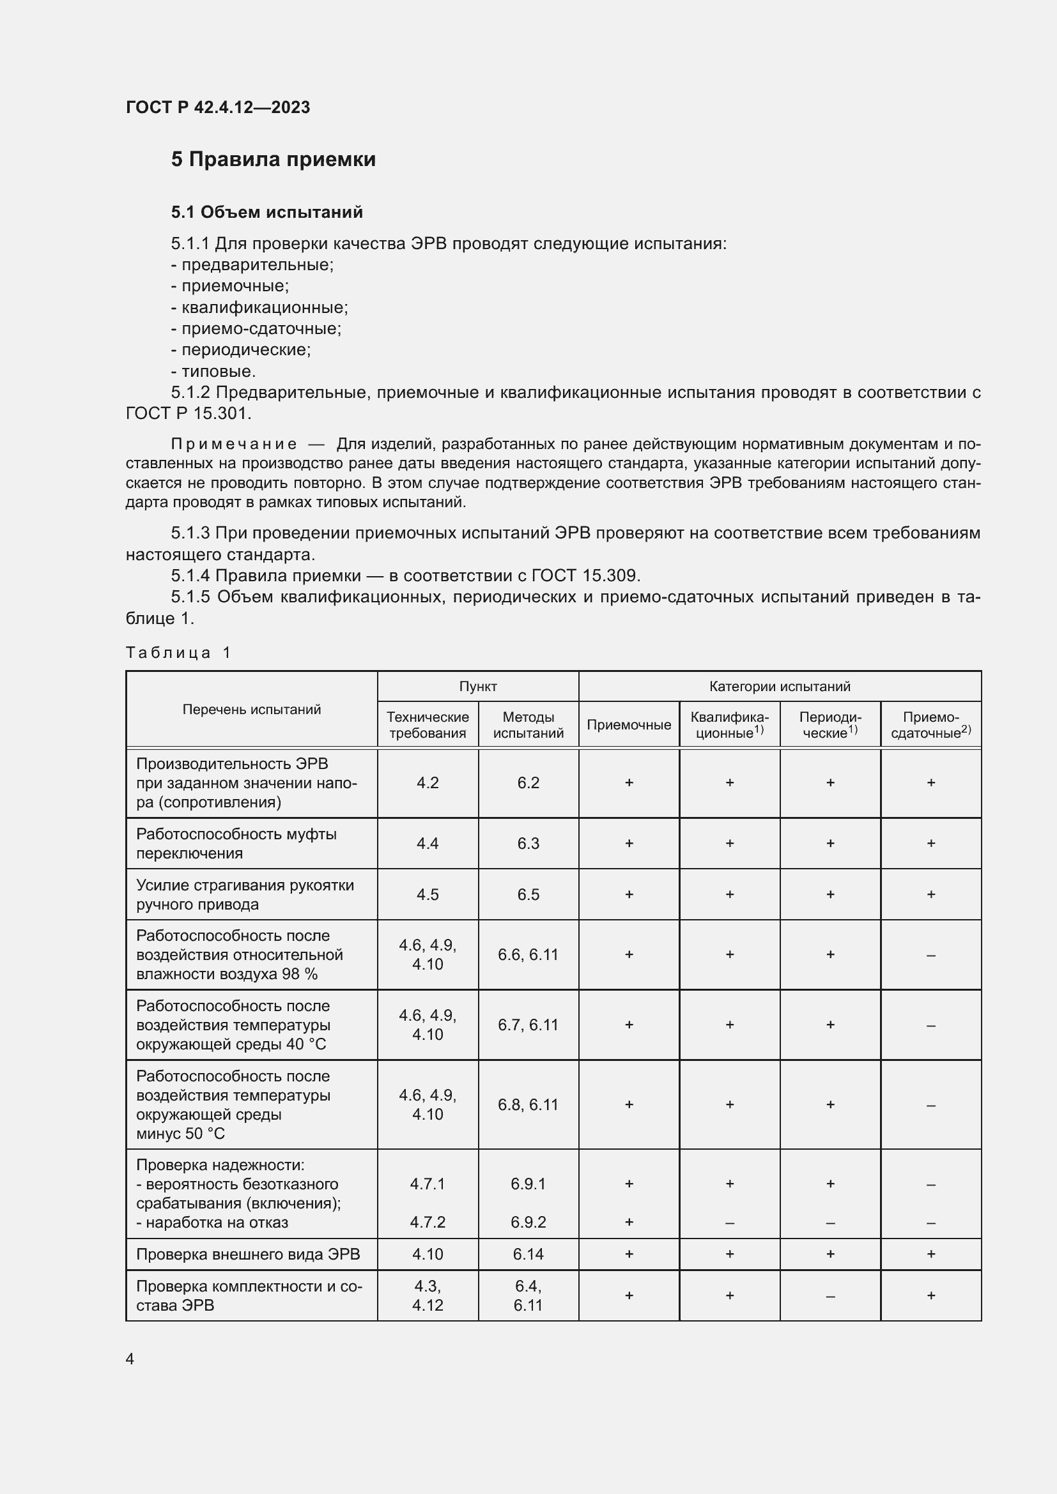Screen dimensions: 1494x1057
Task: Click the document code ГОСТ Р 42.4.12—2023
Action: coord(217,107)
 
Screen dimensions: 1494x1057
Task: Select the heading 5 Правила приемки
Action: coord(274,160)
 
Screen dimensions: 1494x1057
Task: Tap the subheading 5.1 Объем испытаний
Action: coord(267,212)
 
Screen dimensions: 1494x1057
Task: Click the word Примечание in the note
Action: coord(234,445)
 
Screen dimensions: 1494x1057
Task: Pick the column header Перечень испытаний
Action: coord(251,709)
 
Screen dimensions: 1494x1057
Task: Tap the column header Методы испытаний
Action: coord(528,725)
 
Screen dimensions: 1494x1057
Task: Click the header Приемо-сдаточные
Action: coord(930,725)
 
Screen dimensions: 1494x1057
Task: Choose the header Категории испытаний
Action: coord(779,687)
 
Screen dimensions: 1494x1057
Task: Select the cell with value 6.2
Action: coord(528,783)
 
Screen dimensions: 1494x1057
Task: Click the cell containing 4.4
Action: coord(428,843)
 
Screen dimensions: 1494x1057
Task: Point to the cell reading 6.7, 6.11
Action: coord(528,1025)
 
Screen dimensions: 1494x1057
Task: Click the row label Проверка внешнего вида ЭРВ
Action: coord(247,1254)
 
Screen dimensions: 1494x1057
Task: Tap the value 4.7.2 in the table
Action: coord(428,1222)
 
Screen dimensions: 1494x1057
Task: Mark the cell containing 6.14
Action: coord(528,1254)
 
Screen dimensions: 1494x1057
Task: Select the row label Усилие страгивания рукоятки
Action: coord(245,885)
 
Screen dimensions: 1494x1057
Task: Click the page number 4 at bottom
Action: coord(130,1359)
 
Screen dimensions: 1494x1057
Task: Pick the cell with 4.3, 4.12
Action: coord(428,1295)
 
